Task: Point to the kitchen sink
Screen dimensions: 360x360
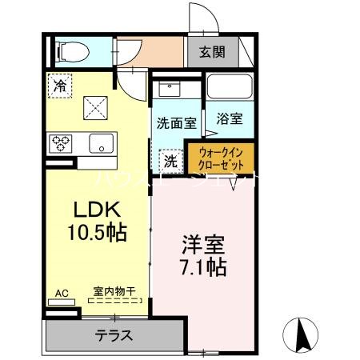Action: click(102, 145)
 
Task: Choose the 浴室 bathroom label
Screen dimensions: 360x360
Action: click(230, 118)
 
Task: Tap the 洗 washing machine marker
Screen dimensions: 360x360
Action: click(170, 160)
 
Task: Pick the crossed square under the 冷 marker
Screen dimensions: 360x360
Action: click(96, 106)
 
